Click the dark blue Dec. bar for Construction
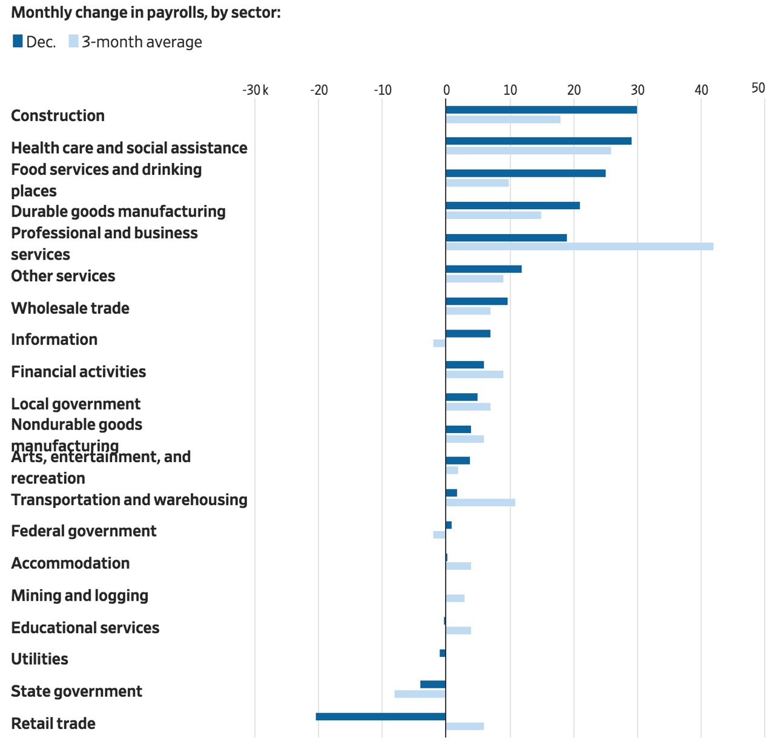coord(541,109)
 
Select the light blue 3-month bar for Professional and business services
coord(579,246)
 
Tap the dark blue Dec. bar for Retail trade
coord(380,717)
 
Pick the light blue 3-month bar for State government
coord(420,694)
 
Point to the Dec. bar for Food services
coord(525,174)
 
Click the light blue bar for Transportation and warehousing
coord(480,503)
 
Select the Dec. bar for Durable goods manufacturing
coord(512,206)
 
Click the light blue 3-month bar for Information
coord(439,343)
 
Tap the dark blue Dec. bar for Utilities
coord(443,653)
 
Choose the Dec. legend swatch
coord(18,41)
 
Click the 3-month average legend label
coord(142,42)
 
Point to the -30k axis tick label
coord(255,90)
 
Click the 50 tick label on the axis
coord(758,88)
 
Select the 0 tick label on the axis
coord(446,90)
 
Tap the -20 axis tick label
coord(318,90)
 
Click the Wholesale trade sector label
coord(70,308)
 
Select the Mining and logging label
coord(79,596)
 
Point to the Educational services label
coord(85,628)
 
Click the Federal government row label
coord(84,531)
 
